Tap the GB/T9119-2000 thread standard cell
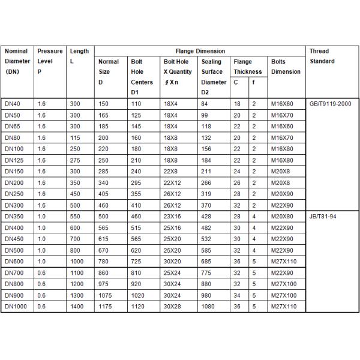pos(329,104)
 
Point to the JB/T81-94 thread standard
pos(323,217)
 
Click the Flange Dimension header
pos(200,51)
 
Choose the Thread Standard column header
pos(322,56)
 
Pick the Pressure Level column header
pos(50,61)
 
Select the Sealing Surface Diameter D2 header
pos(214,77)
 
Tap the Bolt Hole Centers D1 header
pos(142,77)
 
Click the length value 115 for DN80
pos(75,137)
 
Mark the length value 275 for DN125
pos(75,160)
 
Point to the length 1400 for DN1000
pos(77,307)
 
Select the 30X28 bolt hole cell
pos(173,307)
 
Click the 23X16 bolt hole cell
pos(173,217)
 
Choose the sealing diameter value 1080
pos(208,307)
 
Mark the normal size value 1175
pos(106,307)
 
